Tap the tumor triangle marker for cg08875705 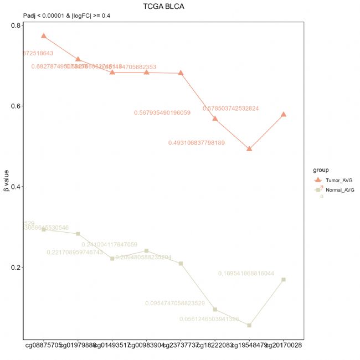[44, 36]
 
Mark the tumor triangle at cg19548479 [249, 148]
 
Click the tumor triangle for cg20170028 [284, 114]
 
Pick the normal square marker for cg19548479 [249, 325]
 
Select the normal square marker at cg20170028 [284, 280]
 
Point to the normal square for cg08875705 [44, 229]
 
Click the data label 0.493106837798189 [204, 143]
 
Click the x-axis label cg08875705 [43, 346]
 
